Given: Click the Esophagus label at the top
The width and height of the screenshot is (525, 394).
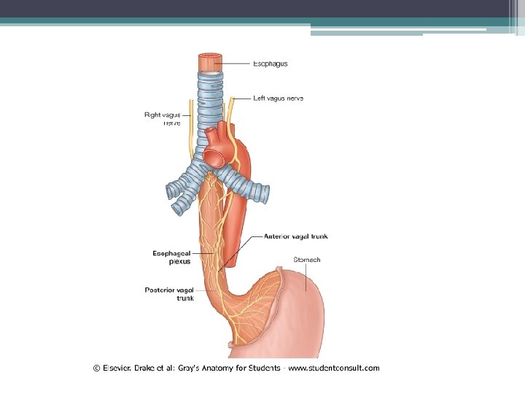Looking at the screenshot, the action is click(271, 63).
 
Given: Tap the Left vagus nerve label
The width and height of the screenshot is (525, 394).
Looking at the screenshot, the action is click(278, 98).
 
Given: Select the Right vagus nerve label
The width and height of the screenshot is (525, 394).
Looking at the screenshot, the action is click(162, 118).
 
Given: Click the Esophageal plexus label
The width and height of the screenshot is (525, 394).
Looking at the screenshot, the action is click(172, 257).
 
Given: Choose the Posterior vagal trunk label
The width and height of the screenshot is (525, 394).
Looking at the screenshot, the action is click(170, 293).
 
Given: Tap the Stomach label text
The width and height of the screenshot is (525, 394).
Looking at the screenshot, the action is click(306, 260).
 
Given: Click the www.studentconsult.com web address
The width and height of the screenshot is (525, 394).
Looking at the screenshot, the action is click(333, 368).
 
